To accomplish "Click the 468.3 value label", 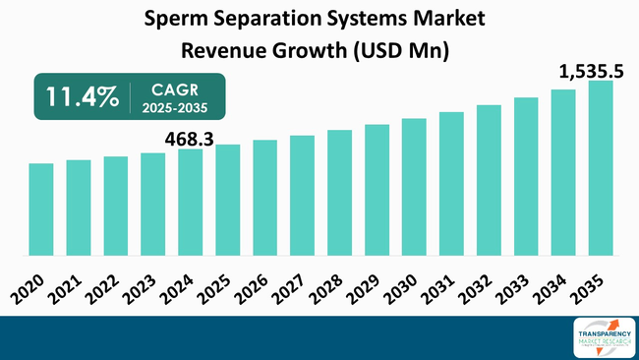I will [x=190, y=139].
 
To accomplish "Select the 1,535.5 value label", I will [x=592, y=70].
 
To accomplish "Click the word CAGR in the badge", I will [x=174, y=87].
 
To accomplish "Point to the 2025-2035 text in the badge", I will [x=174, y=105].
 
